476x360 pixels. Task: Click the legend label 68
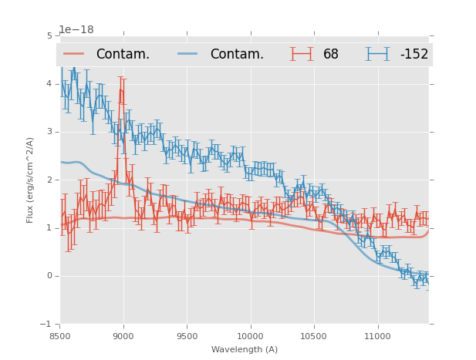tap(330, 55)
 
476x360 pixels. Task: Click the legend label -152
tap(414, 55)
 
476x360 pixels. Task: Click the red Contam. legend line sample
tap(74, 54)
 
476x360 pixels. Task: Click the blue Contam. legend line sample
tap(188, 54)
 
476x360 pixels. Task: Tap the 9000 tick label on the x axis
tap(123, 337)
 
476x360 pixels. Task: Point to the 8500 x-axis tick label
tap(60, 337)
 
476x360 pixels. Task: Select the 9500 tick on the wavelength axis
tap(187, 337)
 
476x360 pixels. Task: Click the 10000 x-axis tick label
tap(250, 337)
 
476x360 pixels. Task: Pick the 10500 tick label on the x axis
tap(313, 337)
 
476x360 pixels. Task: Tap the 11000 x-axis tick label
tap(377, 337)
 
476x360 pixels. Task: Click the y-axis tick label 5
tap(49, 35)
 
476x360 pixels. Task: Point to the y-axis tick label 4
tap(49, 83)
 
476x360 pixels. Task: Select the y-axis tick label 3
tap(49, 132)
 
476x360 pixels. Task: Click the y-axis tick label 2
tap(49, 180)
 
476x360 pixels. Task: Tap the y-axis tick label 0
tap(49, 276)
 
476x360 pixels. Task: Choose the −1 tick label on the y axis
tap(47, 325)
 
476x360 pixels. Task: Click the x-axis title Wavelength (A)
tap(245, 350)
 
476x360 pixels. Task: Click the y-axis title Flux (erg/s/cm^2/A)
tap(30, 180)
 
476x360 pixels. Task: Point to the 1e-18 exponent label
tap(76, 30)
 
